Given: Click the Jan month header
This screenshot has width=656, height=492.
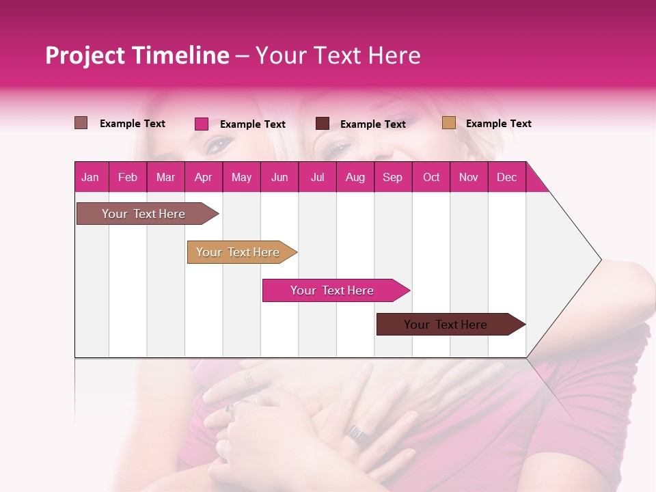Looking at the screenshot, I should tap(91, 177).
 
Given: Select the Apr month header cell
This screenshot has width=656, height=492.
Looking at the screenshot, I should tap(204, 177).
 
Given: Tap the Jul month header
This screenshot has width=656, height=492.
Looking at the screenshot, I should tap(317, 177).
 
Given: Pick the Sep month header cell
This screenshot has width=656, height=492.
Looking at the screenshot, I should tap(392, 177).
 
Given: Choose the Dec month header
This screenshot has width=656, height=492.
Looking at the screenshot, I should tap(506, 177).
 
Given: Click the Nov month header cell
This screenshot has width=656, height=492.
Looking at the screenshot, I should tap(468, 177).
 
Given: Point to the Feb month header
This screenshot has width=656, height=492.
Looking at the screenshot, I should tap(128, 177).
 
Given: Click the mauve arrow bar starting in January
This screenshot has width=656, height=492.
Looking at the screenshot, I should tap(144, 214).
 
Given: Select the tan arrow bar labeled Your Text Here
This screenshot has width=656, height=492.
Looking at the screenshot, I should tap(238, 252).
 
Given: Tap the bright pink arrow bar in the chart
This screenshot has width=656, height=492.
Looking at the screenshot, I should tap(333, 290).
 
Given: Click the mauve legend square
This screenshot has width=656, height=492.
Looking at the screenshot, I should tap(81, 123).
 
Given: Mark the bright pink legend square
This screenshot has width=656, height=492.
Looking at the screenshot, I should tap(201, 124).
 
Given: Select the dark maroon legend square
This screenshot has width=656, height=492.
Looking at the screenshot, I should tap(323, 124).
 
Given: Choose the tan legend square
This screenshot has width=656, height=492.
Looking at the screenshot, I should tap(448, 123).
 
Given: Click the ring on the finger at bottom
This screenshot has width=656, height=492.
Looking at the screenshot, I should tap(355, 432).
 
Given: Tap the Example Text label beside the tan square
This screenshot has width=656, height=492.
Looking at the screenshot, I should tap(498, 124).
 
